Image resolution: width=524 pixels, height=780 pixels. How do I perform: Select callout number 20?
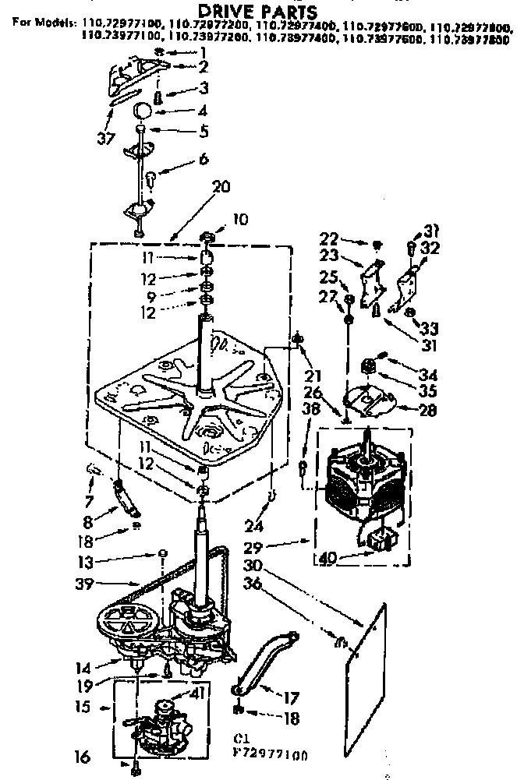221,186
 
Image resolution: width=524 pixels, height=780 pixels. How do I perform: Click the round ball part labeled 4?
143,108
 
